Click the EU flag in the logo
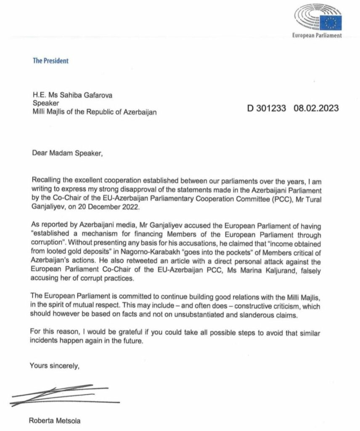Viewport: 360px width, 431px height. click(x=331, y=22)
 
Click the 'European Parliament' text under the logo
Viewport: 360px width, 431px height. click(x=317, y=35)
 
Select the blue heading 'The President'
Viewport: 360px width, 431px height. click(x=50, y=61)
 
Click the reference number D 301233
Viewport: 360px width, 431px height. click(x=267, y=108)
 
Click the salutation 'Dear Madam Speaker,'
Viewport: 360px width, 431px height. click(x=67, y=153)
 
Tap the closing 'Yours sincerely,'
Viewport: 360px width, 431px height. click(x=54, y=365)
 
